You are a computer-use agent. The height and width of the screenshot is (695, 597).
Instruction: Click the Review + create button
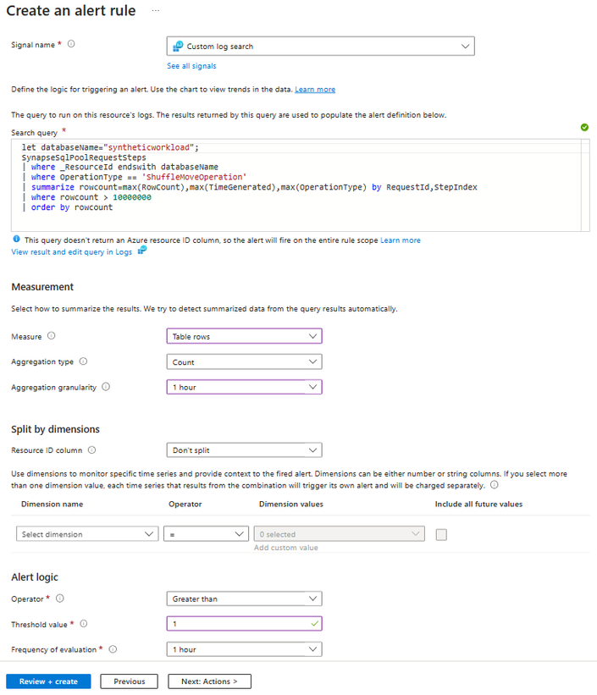(x=48, y=681)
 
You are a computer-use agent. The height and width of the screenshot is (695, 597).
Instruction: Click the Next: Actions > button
(x=209, y=681)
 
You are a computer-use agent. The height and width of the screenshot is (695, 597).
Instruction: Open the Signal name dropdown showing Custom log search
(x=321, y=46)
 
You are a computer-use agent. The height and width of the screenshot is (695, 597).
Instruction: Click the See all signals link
(x=191, y=66)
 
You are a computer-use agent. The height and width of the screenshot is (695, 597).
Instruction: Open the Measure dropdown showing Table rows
(x=245, y=336)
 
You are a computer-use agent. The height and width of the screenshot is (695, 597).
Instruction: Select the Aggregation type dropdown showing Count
(x=245, y=361)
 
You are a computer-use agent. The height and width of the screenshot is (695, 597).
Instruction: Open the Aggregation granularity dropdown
(x=245, y=387)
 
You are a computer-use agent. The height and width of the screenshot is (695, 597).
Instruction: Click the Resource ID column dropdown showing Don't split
(x=245, y=450)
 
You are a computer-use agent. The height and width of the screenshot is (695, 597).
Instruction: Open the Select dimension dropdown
(x=87, y=534)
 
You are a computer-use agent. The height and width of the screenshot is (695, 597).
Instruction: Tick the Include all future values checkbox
(x=441, y=534)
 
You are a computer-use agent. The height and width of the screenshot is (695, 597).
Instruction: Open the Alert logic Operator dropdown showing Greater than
(x=245, y=598)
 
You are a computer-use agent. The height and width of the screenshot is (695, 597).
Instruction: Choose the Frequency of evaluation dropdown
(x=245, y=649)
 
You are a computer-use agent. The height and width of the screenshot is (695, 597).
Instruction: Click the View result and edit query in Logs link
(x=72, y=251)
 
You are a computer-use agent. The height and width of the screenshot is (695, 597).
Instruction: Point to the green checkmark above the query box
(x=584, y=127)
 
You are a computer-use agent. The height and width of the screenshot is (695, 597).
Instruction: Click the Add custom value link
(x=285, y=548)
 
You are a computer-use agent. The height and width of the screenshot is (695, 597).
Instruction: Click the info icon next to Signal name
(x=71, y=44)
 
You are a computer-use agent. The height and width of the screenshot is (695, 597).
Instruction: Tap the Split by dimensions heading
(x=55, y=429)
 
